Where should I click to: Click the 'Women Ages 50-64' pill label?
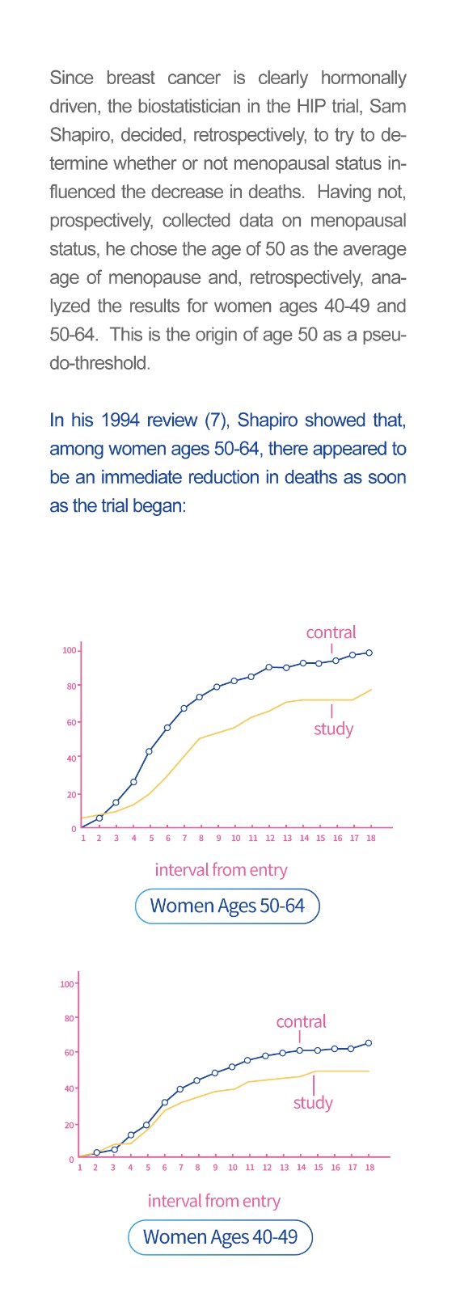(x=227, y=906)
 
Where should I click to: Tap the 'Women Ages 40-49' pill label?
(x=220, y=1237)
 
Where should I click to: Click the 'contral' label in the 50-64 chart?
(x=331, y=632)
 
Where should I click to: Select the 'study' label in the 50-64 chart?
(x=333, y=729)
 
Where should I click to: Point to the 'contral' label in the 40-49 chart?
(x=301, y=1021)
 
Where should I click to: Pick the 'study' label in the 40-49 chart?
(x=313, y=1103)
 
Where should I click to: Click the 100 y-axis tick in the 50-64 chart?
(x=70, y=650)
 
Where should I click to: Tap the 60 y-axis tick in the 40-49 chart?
(x=69, y=1052)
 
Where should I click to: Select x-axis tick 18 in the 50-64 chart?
(x=370, y=838)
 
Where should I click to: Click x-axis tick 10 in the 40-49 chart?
(x=233, y=1167)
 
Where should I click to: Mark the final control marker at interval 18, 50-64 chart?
(x=369, y=653)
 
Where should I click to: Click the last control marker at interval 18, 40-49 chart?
(x=369, y=1043)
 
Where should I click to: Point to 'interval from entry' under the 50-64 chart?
(x=221, y=870)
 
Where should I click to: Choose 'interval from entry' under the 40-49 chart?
(x=214, y=1201)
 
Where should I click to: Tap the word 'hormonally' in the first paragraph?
(x=364, y=78)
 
